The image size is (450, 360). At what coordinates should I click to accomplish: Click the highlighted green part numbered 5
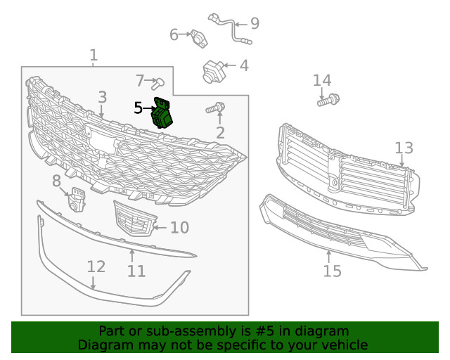point(163,114)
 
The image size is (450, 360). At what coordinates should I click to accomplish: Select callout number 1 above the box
point(94,55)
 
